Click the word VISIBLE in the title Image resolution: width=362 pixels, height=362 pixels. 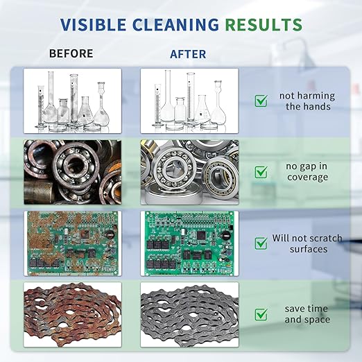tap(93, 24)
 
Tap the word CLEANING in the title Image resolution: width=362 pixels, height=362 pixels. tap(176, 24)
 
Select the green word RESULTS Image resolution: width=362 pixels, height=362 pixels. tap(264, 24)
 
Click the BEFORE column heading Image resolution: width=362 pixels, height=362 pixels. tap(71, 53)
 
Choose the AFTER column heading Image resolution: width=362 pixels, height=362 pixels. tap(188, 54)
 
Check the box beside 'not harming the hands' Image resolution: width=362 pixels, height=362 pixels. tap(261, 101)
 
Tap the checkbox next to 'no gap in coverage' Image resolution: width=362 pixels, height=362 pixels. tap(261, 172)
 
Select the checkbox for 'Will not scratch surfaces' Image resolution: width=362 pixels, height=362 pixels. tap(261, 243)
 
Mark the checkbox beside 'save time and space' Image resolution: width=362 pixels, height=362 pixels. tap(261, 314)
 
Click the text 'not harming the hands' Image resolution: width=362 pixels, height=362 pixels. tap(307, 101)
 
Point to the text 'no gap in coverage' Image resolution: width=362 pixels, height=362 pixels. tap(307, 172)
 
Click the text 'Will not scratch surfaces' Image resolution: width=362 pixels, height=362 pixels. tap(307, 243)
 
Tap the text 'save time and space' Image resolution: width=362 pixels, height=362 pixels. tap(307, 314)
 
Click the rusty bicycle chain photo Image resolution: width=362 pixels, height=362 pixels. tap(73, 315)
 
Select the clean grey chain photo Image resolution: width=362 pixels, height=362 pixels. tap(189, 315)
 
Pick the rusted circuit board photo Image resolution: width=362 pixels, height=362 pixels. tap(73, 243)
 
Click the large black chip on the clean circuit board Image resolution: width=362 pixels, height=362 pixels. tap(201, 235)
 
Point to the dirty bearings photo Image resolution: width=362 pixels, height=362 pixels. tap(73, 172)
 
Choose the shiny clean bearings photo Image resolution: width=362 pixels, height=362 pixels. tap(189, 172)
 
